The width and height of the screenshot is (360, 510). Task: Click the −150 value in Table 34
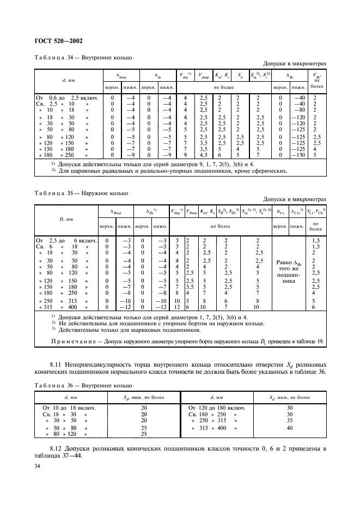point(298,155)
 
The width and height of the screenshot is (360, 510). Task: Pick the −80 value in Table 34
point(298,109)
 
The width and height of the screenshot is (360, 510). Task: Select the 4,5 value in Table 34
point(204,155)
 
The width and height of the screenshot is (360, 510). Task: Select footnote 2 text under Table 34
point(172,171)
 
